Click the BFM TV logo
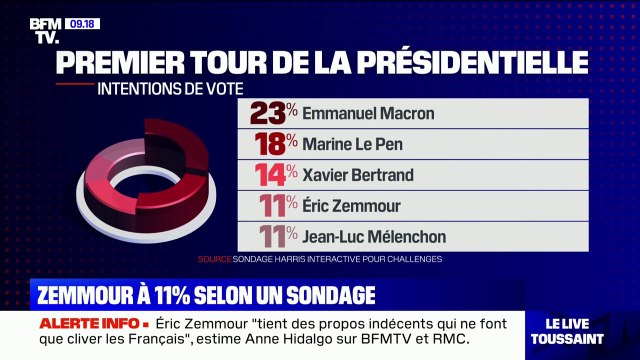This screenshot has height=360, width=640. pyautogui.click(x=44, y=31)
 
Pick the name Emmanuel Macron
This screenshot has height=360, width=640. pyautogui.click(x=368, y=113)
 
